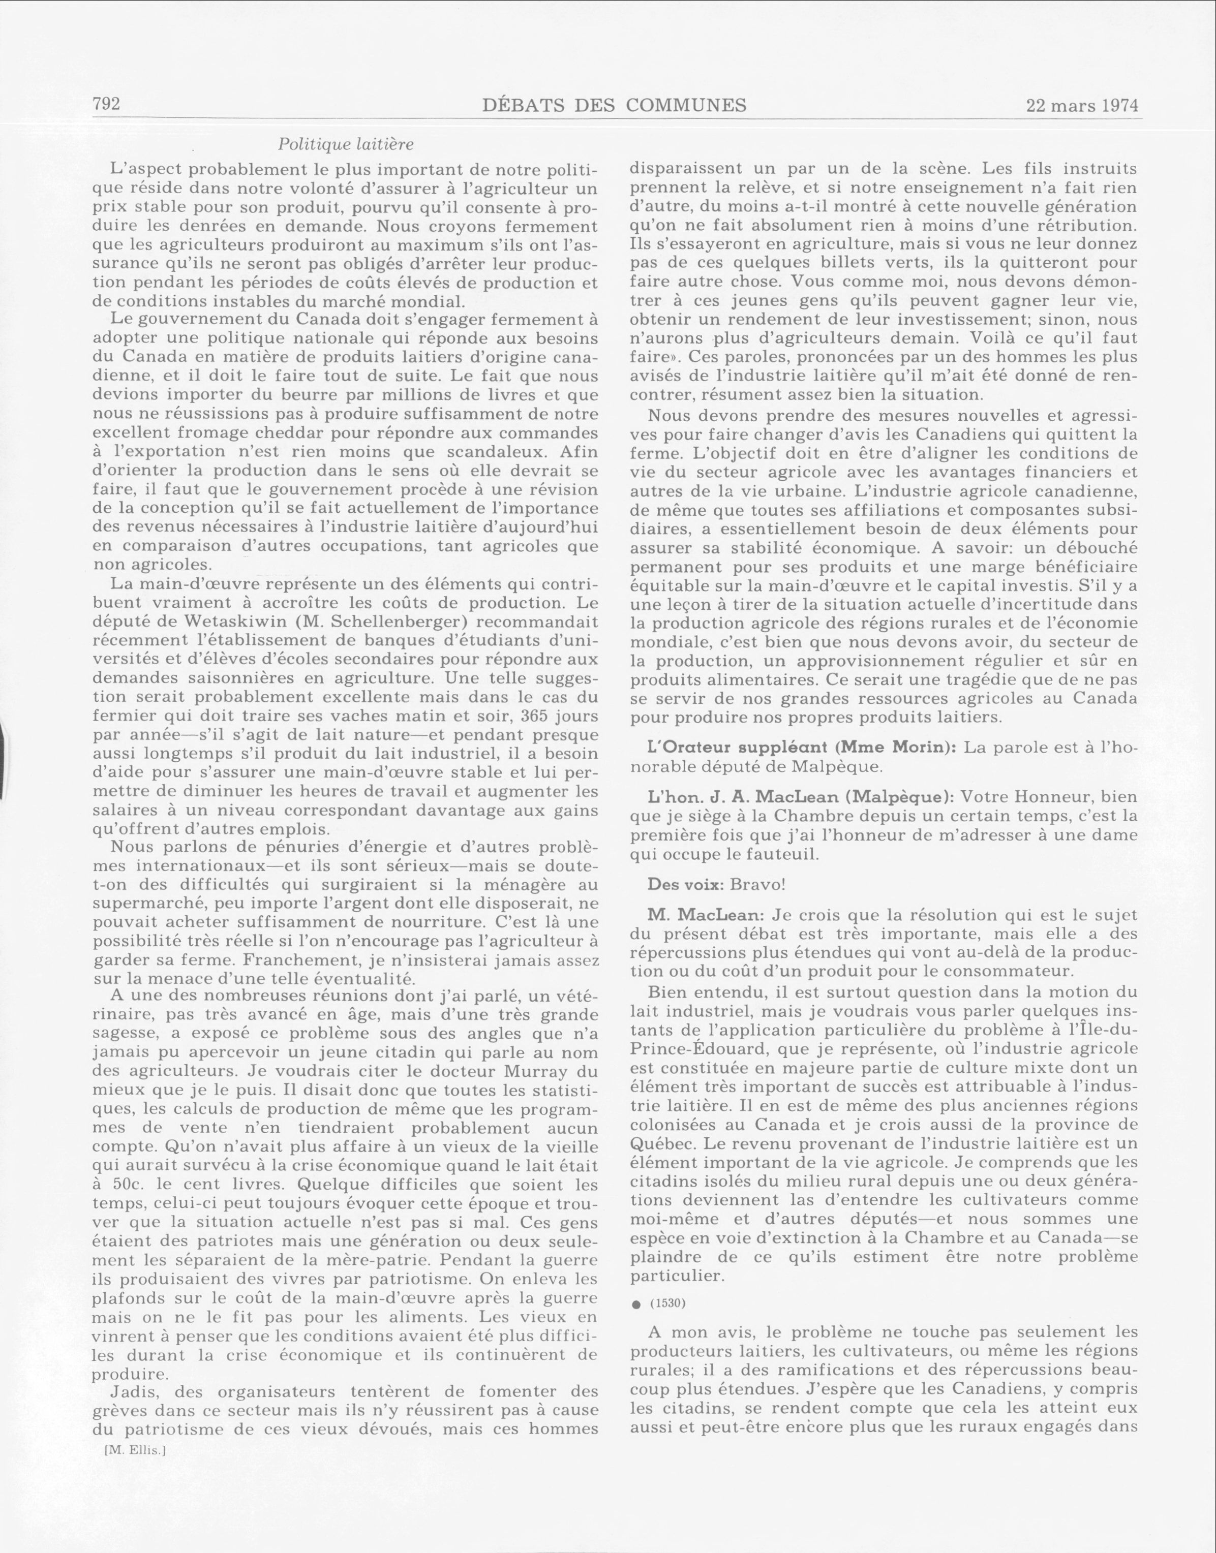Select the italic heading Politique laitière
click(345, 144)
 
